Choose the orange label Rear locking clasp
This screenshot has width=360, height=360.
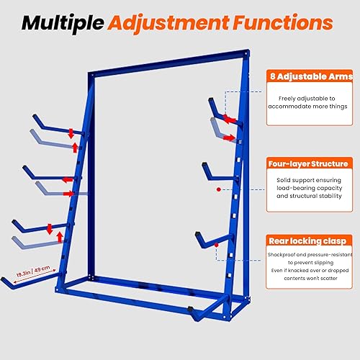tap(309, 240)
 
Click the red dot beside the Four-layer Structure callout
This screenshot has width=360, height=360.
tap(218, 191)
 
